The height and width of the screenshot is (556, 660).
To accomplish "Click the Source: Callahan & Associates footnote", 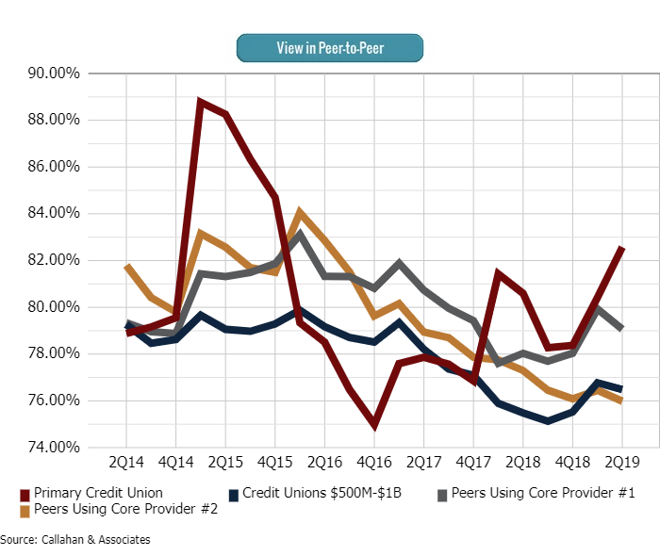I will (x=75, y=539).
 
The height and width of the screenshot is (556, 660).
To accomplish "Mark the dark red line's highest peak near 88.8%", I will (x=201, y=101).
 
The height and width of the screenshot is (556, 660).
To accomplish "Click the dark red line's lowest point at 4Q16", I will (x=374, y=425).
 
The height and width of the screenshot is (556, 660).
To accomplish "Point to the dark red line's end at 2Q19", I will (x=622, y=248).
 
